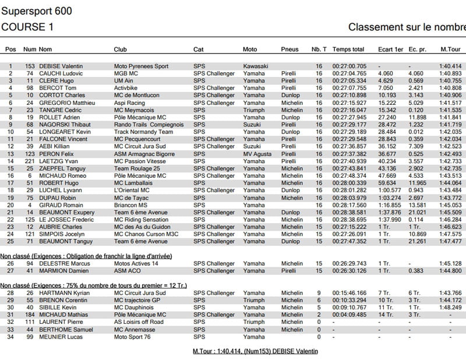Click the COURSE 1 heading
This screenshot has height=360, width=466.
pyautogui.click(x=28, y=27)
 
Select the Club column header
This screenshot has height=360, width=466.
pyautogui.click(x=121, y=50)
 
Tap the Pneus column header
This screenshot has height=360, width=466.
pyautogui.click(x=290, y=50)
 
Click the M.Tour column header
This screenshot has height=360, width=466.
pyautogui.click(x=450, y=50)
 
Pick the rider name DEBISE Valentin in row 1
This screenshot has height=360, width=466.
pyautogui.click(x=59, y=66)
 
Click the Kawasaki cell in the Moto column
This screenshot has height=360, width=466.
pyautogui.click(x=255, y=66)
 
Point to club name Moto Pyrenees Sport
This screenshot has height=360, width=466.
pyautogui.click(x=141, y=66)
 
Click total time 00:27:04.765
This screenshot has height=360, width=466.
pyautogui.click(x=349, y=74)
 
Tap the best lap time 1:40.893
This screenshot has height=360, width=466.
pyautogui.click(x=450, y=74)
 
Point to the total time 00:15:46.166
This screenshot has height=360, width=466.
pyautogui.click(x=349, y=293)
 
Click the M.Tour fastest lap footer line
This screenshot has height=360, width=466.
pyautogui.click(x=255, y=351)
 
